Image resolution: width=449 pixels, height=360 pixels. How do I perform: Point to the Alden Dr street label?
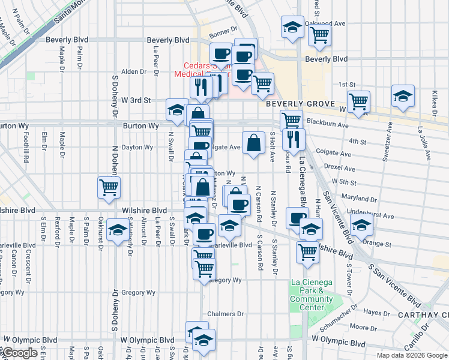click(130, 71)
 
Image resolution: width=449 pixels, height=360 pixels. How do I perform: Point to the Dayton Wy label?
click(137, 147)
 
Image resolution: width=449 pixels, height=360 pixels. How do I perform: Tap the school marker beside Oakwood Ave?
click(292, 28)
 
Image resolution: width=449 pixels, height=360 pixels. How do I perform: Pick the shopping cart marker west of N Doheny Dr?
click(109, 187)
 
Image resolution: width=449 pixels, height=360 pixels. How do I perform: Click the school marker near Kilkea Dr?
click(403, 96)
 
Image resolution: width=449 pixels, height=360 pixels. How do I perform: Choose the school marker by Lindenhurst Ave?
click(361, 226)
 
